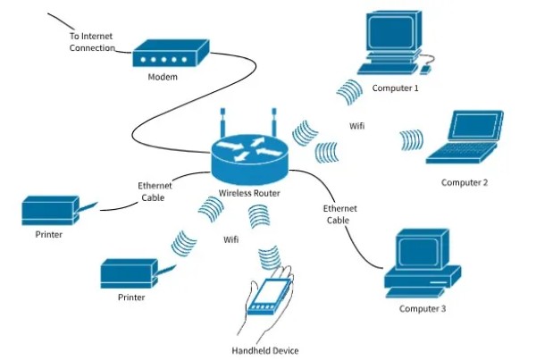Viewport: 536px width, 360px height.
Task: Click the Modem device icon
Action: [x=171, y=54]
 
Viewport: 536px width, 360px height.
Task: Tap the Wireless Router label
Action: [x=249, y=193]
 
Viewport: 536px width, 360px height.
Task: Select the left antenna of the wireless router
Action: [x=222, y=122]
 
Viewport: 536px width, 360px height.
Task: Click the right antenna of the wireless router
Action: [x=274, y=122]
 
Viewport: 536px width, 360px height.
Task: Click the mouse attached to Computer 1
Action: [x=425, y=70]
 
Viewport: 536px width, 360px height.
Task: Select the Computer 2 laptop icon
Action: [x=465, y=137]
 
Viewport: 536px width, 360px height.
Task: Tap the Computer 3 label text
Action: [x=423, y=309]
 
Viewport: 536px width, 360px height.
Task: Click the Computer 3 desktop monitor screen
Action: [x=419, y=253]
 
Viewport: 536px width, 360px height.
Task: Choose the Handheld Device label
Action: [x=265, y=350]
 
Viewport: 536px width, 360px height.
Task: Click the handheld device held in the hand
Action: [x=270, y=297]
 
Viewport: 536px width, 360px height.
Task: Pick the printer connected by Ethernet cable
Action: [x=51, y=210]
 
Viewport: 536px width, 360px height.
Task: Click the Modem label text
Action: [x=163, y=77]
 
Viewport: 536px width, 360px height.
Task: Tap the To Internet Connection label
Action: [x=92, y=42]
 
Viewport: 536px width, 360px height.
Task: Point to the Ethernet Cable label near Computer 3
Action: [x=339, y=214]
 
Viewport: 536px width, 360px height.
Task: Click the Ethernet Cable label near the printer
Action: [x=155, y=192]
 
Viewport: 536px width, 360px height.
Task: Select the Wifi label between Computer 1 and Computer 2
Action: [x=356, y=126]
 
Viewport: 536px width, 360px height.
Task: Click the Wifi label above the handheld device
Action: [x=231, y=239]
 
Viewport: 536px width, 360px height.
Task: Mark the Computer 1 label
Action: [x=395, y=88]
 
